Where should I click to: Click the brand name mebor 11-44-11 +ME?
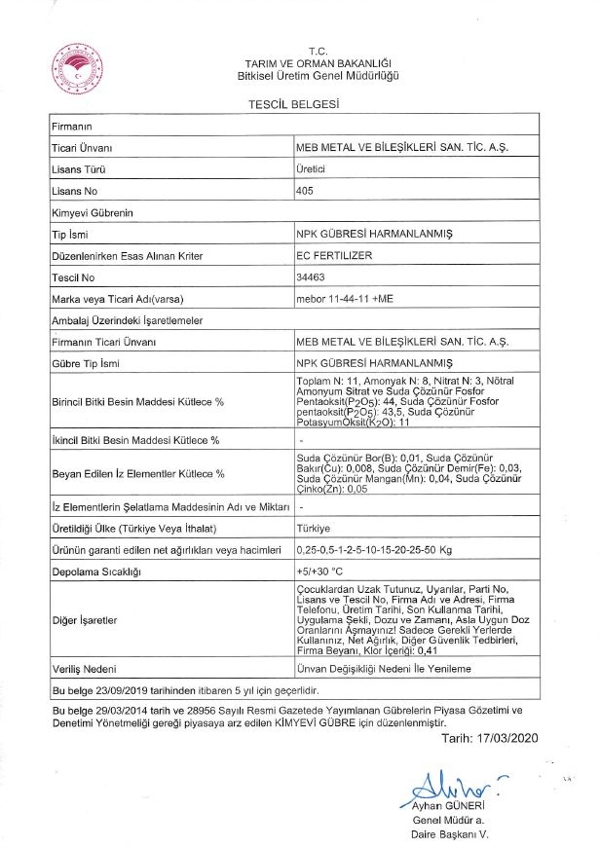pos(344,297)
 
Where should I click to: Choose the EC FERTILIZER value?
pos(333,255)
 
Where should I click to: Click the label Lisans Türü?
pos(78,169)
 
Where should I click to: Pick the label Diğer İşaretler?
pos(85,619)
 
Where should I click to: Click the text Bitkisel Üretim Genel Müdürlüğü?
pos(318,75)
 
